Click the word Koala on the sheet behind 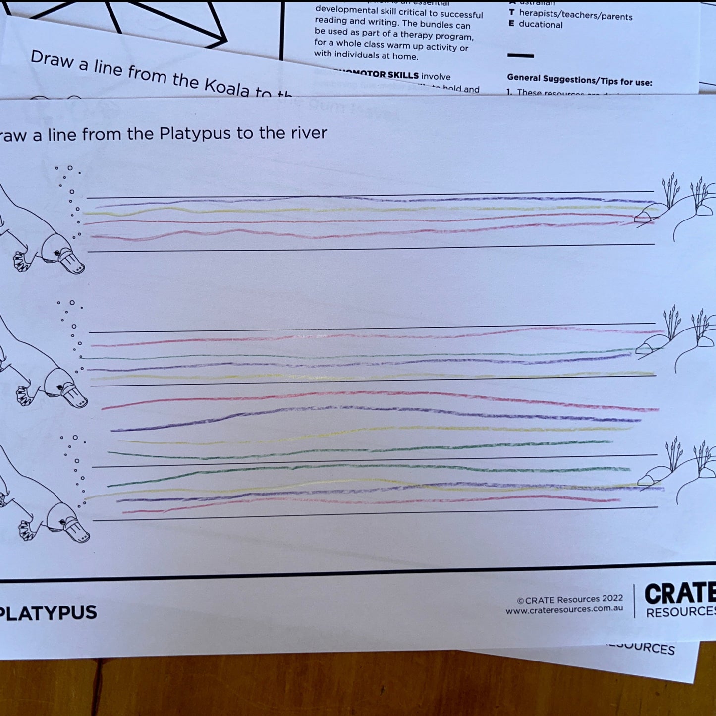[x=227, y=87]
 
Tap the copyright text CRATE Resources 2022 [x=569, y=599]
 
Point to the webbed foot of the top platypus [x=21, y=262]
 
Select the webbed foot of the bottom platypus [x=26, y=531]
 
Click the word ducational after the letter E [x=540, y=25]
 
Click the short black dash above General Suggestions [x=520, y=55]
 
